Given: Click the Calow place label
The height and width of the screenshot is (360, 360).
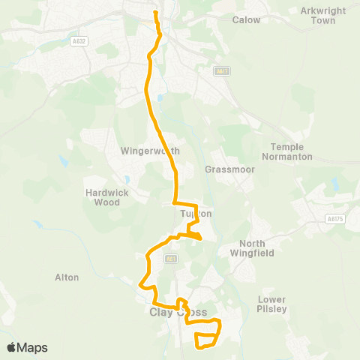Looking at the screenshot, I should point(247,19).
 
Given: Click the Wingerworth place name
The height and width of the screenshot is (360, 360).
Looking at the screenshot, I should point(150,151).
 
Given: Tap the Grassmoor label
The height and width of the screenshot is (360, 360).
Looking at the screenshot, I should point(222,169).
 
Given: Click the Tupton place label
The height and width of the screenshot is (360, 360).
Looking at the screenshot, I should point(196,214).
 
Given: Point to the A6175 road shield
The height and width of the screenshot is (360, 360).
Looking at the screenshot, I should point(334,219).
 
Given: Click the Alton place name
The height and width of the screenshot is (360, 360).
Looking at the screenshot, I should point(67,277).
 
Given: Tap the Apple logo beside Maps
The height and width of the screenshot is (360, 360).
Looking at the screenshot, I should point(12,347).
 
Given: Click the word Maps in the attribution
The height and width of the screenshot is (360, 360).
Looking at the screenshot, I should point(33,347).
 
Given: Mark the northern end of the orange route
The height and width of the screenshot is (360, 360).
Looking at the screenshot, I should point(155,12).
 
